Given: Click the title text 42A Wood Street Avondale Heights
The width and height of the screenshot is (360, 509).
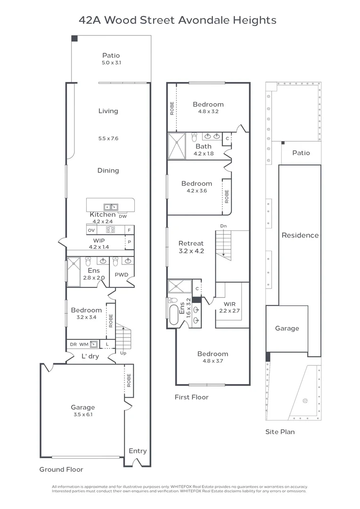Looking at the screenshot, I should [177, 20].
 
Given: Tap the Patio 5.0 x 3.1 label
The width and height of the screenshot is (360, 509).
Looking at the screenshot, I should [111, 59].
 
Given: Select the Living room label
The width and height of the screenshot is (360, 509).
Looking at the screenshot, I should [108, 111].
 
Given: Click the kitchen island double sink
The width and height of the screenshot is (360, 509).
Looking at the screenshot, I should [111, 206].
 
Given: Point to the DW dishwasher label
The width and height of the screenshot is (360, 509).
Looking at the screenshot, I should [123, 216].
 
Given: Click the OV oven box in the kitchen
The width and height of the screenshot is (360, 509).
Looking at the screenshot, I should [91, 230].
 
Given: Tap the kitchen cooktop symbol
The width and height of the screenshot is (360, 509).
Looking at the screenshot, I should [111, 230].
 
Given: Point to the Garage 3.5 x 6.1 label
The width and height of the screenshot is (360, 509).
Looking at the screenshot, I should [83, 410].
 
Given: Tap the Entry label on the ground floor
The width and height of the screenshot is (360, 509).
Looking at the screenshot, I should [138, 451].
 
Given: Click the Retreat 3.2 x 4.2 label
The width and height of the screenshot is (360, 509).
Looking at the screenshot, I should [191, 247].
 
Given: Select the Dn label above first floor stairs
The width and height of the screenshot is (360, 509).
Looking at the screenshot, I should [223, 226].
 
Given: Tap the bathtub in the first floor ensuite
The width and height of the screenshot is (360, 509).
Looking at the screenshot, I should [173, 315].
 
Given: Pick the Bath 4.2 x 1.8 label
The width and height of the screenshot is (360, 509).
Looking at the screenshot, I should [204, 149].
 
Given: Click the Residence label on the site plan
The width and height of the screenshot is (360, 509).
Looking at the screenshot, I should [300, 235].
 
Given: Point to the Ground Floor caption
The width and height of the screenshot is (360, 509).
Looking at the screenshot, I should [61, 469].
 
